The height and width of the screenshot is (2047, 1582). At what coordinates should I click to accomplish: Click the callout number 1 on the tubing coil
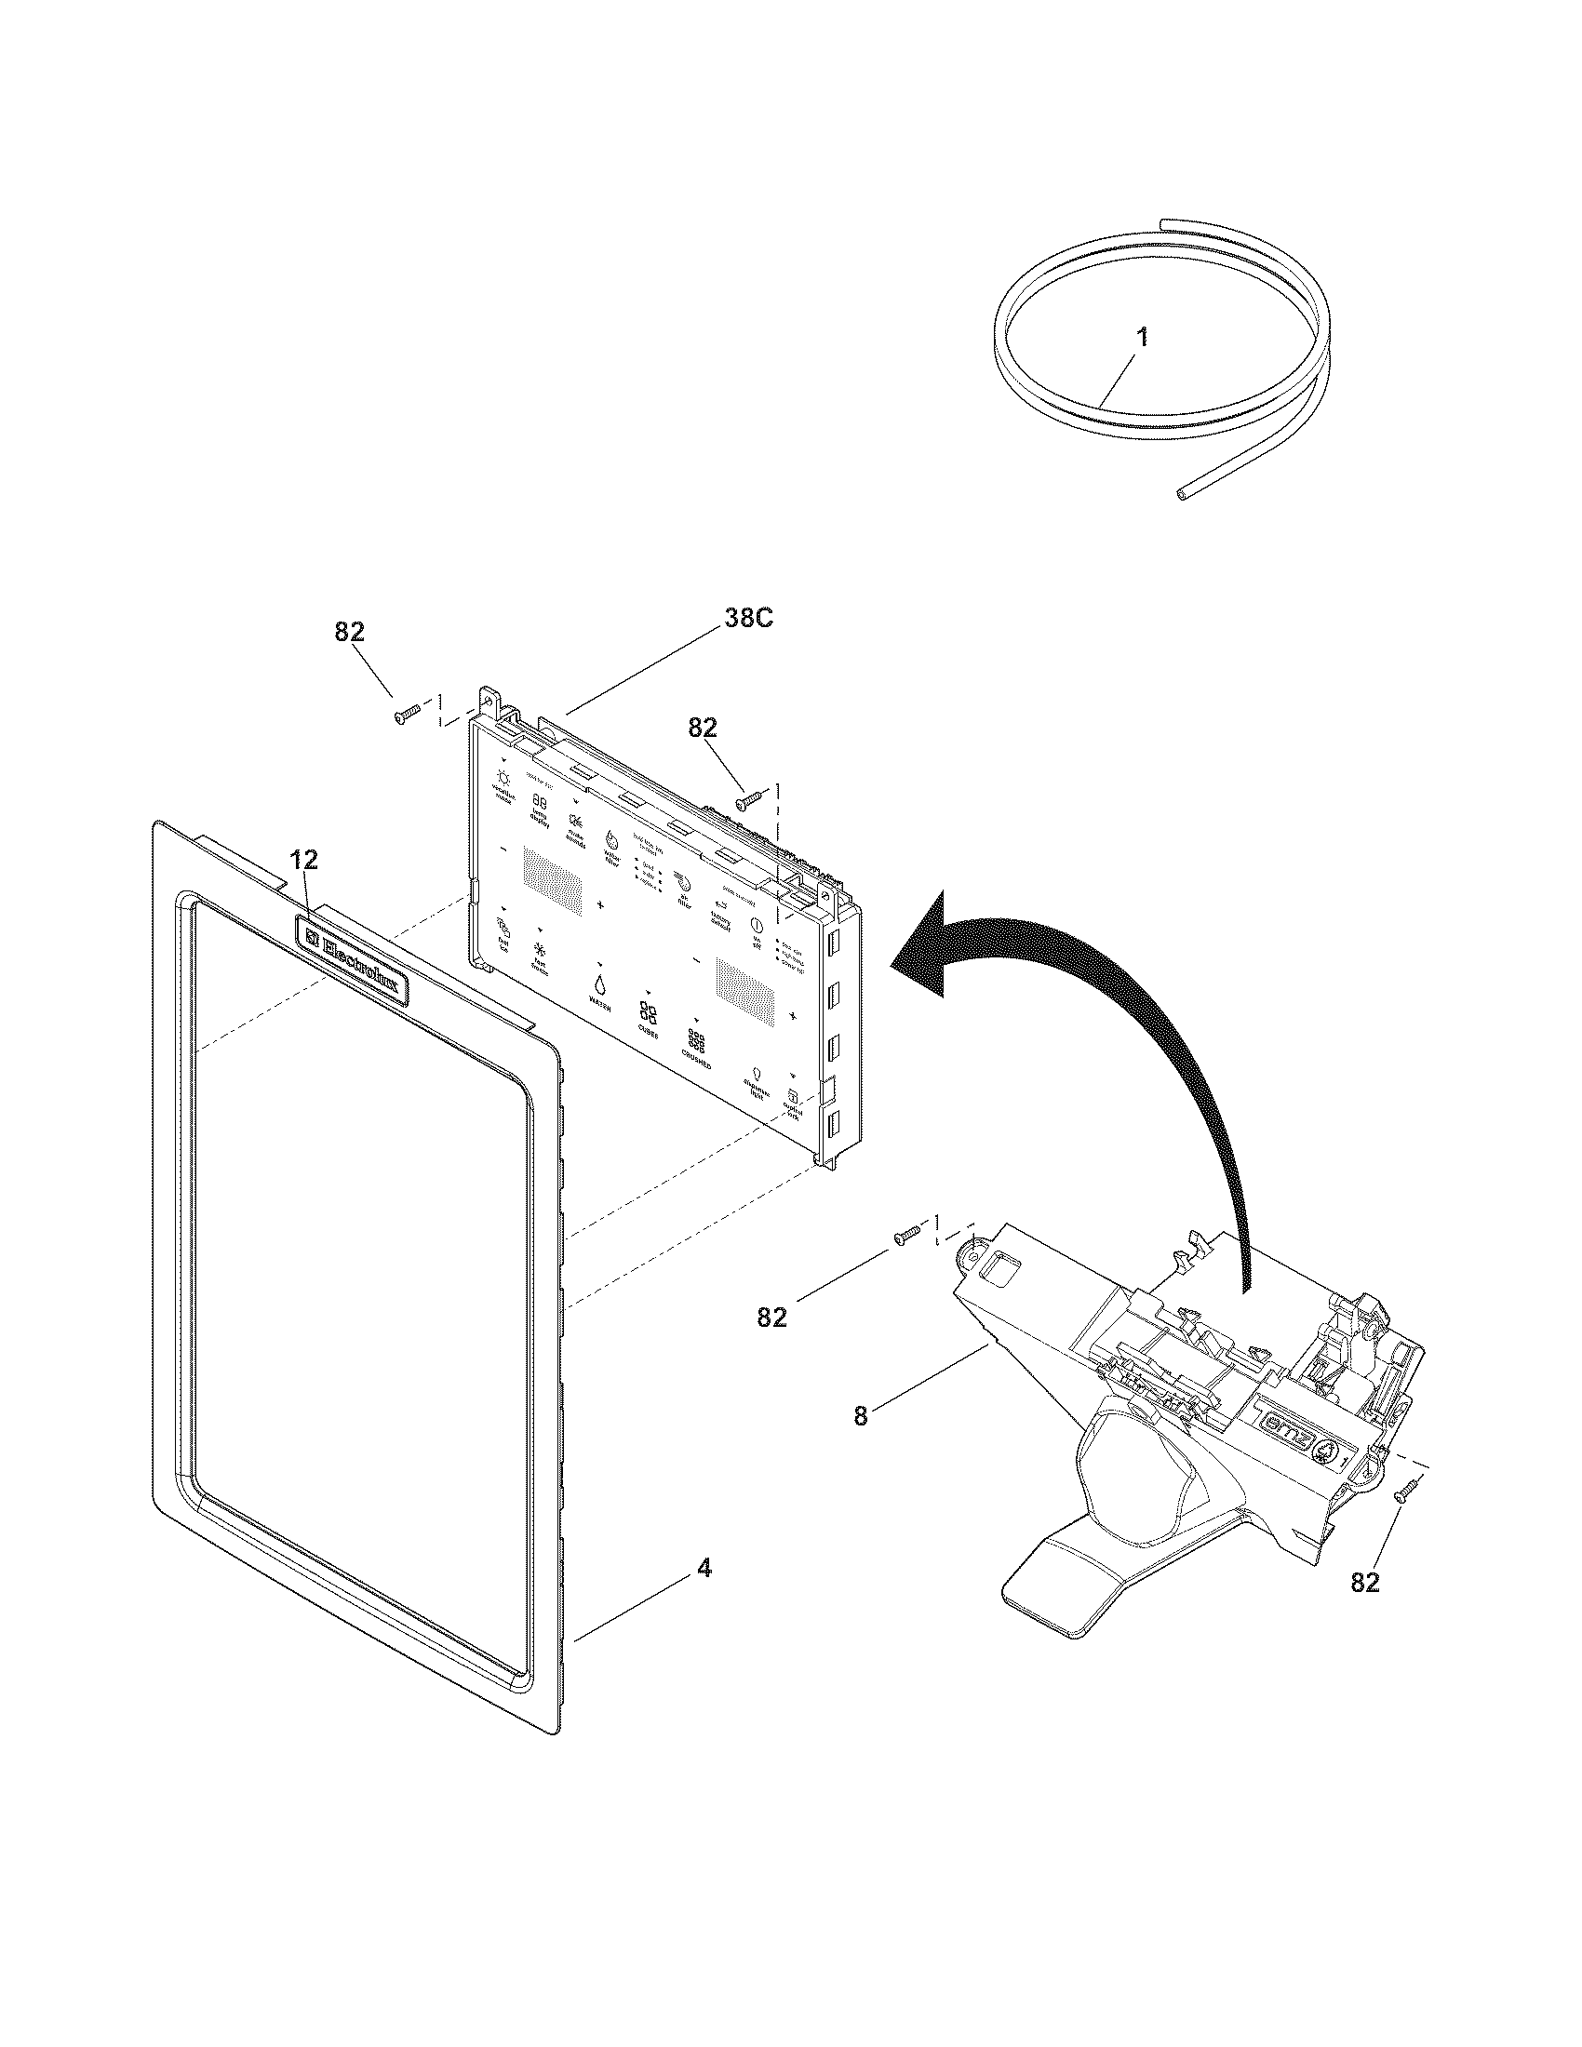pyautogui.click(x=1141, y=339)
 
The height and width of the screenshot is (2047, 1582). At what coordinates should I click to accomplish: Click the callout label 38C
pyautogui.click(x=748, y=619)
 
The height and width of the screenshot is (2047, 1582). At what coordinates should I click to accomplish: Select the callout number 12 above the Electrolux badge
pyautogui.click(x=302, y=859)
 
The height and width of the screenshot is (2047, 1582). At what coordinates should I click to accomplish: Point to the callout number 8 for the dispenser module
pyautogui.click(x=861, y=1442)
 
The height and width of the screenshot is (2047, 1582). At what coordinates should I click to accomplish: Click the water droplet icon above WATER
pyautogui.click(x=598, y=983)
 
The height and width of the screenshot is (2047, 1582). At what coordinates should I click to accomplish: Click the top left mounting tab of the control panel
pyautogui.click(x=488, y=696)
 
